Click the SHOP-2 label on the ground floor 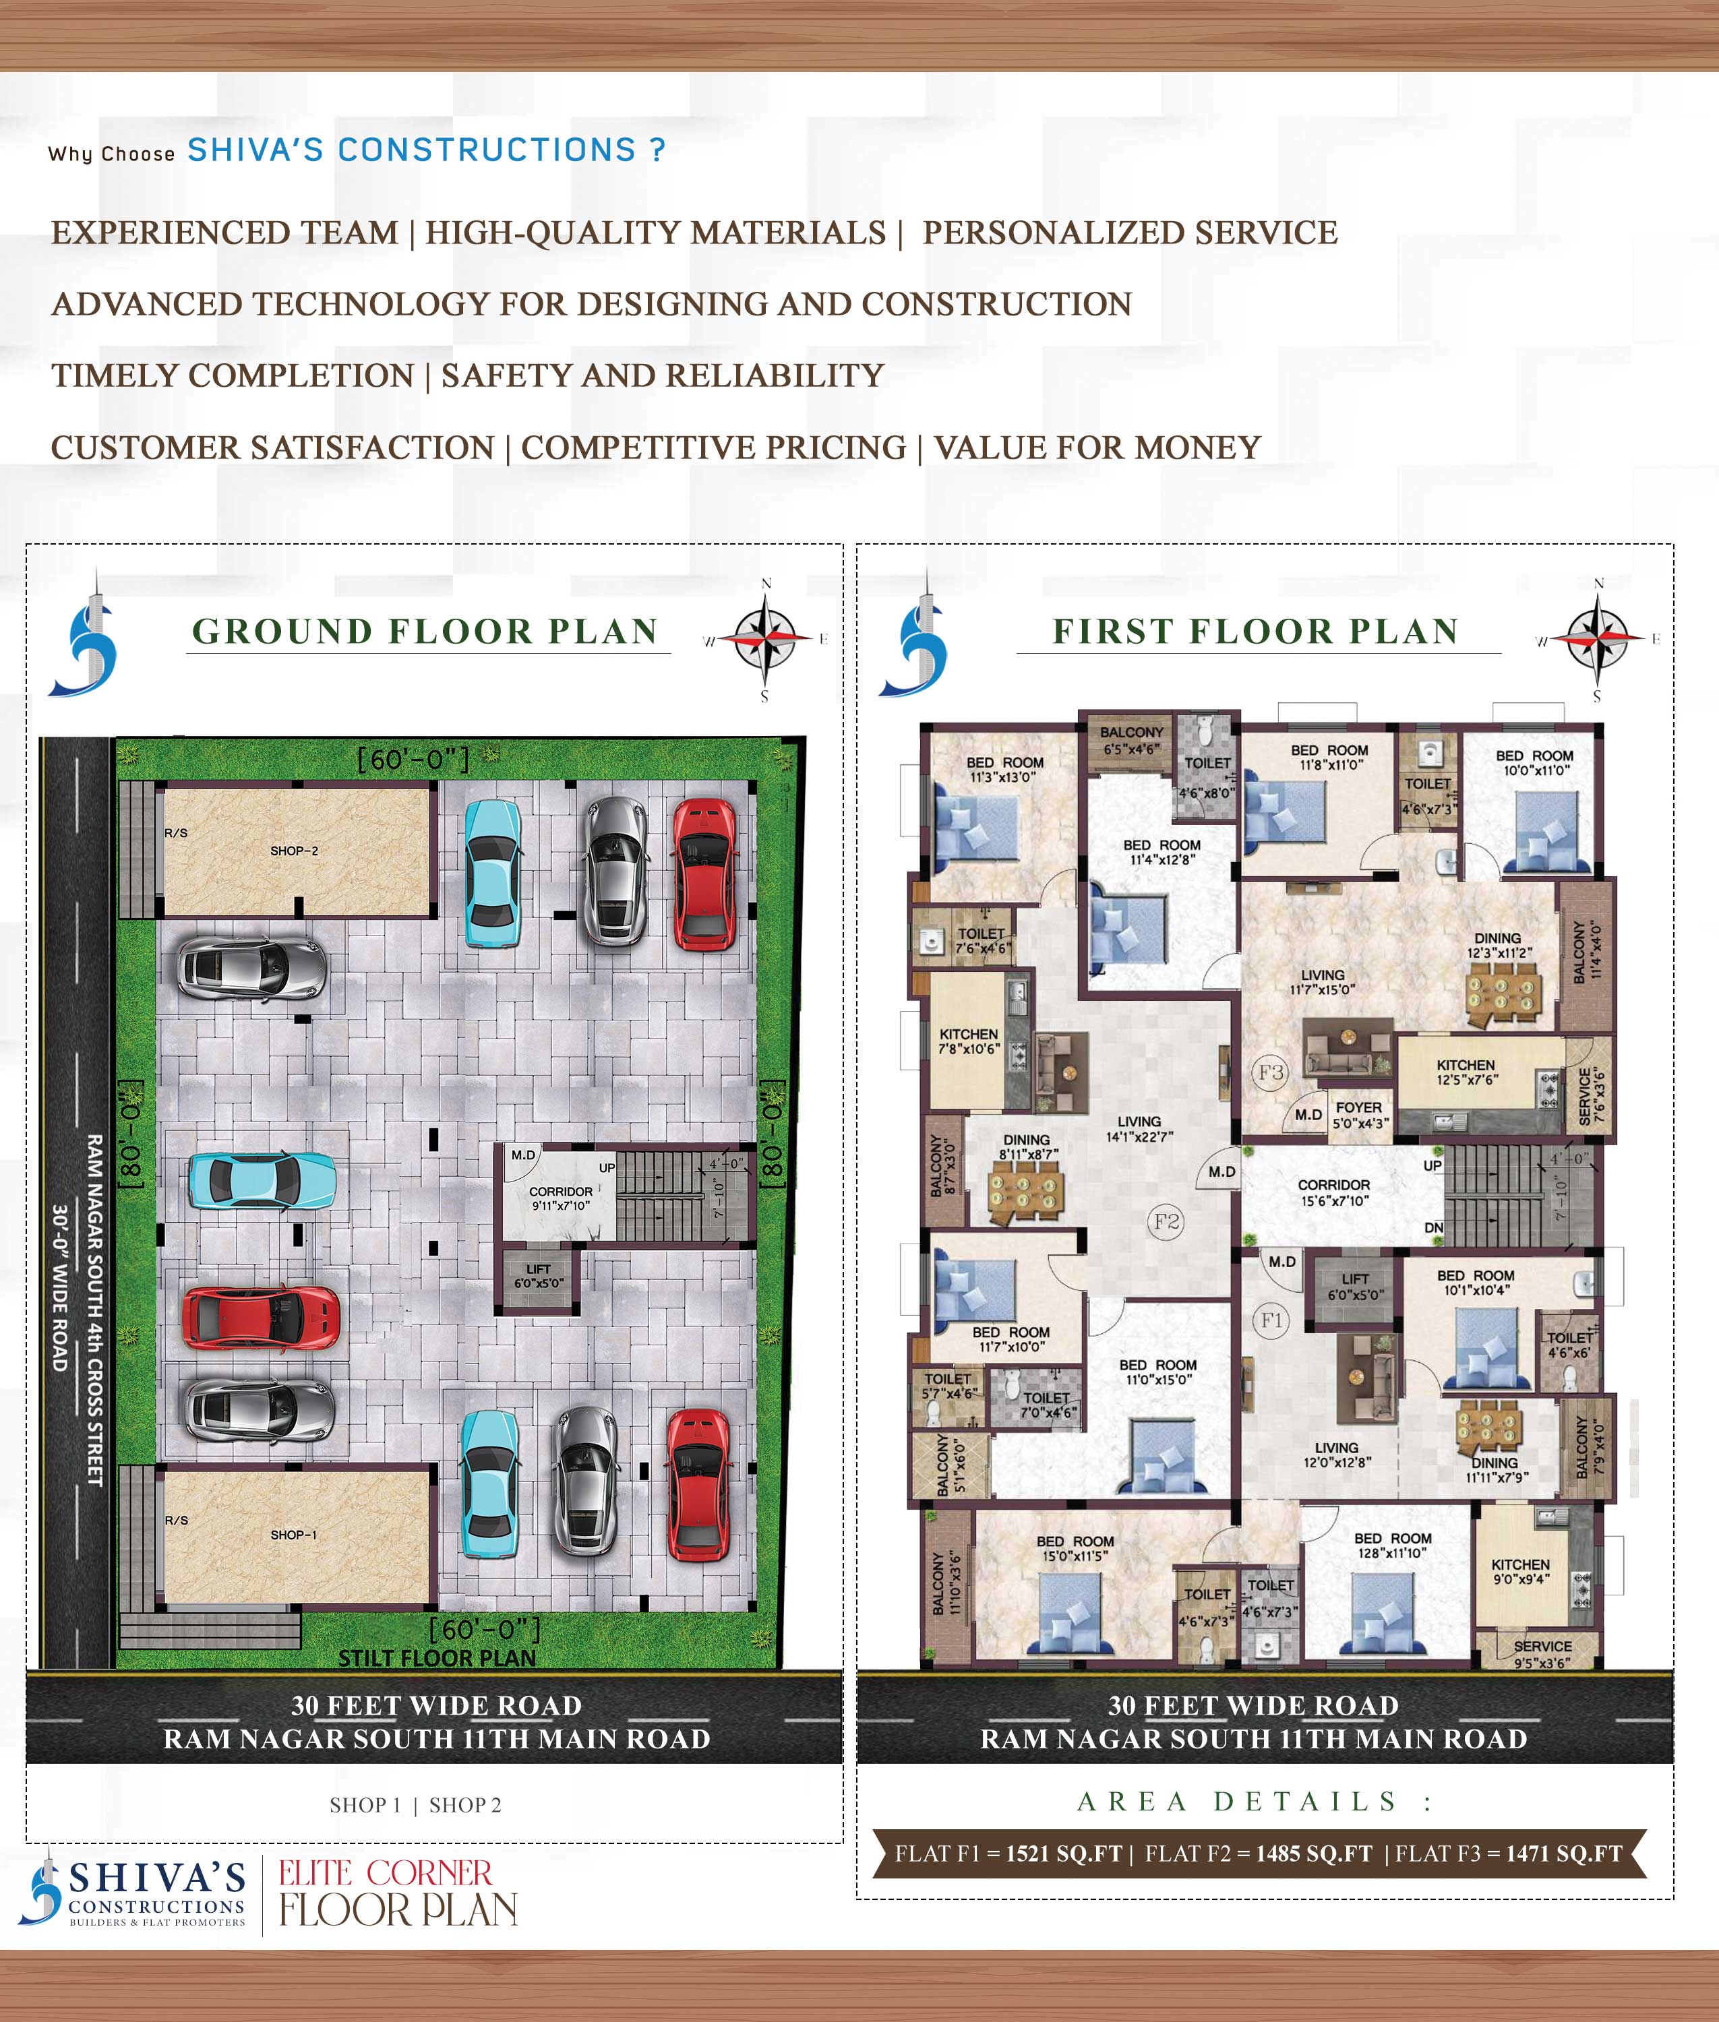(295, 851)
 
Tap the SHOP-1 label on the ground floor (293, 1535)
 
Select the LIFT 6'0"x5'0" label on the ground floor (538, 1276)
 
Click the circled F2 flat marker (1166, 1221)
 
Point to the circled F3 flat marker (1271, 1073)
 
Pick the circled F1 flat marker (1271, 1320)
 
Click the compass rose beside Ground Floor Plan (766, 638)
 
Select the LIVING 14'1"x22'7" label (1139, 1128)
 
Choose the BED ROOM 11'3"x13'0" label (1004, 769)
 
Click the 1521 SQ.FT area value (1064, 1854)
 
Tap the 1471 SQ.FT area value (1564, 1854)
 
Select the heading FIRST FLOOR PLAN (1255, 632)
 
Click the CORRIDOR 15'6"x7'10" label (1333, 1192)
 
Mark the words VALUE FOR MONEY (1097, 448)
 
